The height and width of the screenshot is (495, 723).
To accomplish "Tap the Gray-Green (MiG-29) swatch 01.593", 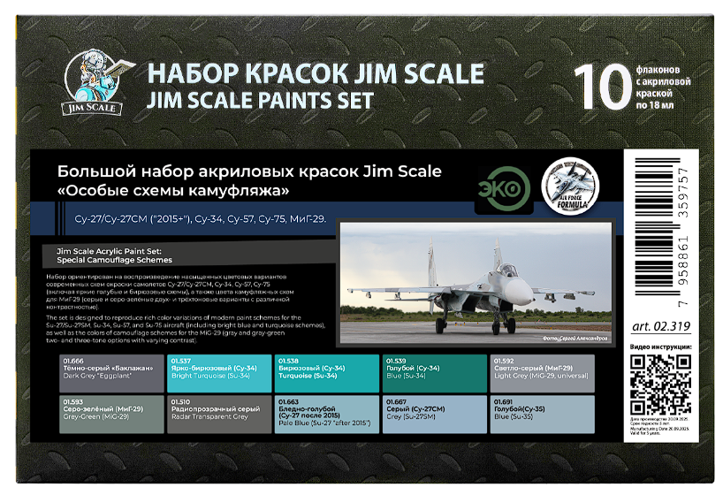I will coord(111,415).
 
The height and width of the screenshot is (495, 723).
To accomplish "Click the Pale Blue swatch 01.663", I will coord(326,415).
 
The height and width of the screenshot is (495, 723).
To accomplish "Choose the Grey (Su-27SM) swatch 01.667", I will coord(434,415).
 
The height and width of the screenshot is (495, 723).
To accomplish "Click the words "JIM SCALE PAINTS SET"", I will coord(260,100).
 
